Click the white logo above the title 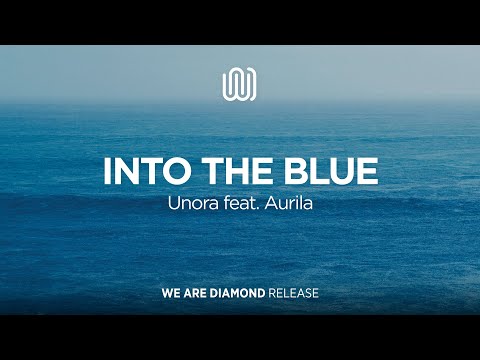coord(239,83)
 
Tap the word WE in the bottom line coord(170,295)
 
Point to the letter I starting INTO coord(107,170)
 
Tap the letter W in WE coord(166,295)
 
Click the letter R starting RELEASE coord(273,295)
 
